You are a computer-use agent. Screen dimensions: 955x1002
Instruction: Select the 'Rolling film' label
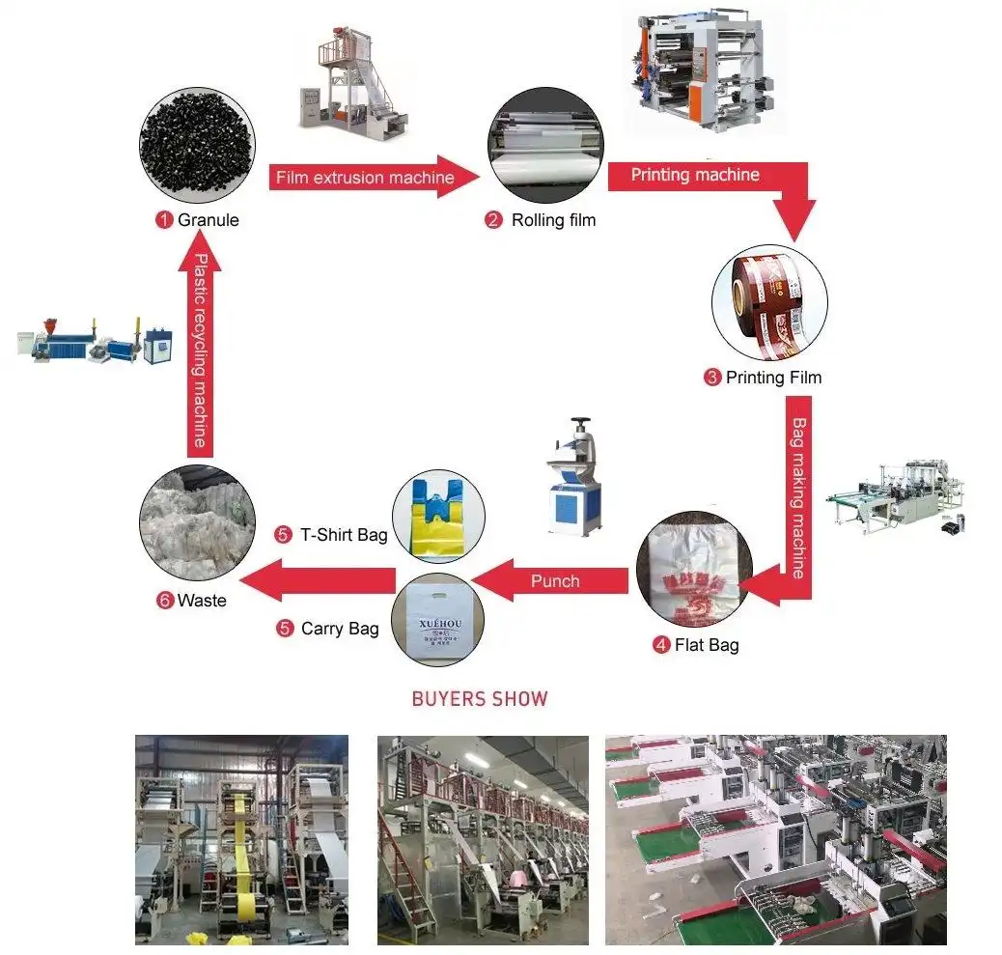click(x=553, y=220)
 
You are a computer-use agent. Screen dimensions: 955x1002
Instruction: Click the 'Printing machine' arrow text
click(x=695, y=175)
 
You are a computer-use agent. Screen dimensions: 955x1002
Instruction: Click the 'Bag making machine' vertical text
click(x=798, y=497)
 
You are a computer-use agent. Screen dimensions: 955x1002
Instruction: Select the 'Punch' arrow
click(x=554, y=580)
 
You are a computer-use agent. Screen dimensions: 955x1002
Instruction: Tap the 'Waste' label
click(x=202, y=601)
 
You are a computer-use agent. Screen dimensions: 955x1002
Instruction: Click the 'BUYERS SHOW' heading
click(x=480, y=698)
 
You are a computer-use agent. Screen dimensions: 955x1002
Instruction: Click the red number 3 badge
click(x=711, y=378)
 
